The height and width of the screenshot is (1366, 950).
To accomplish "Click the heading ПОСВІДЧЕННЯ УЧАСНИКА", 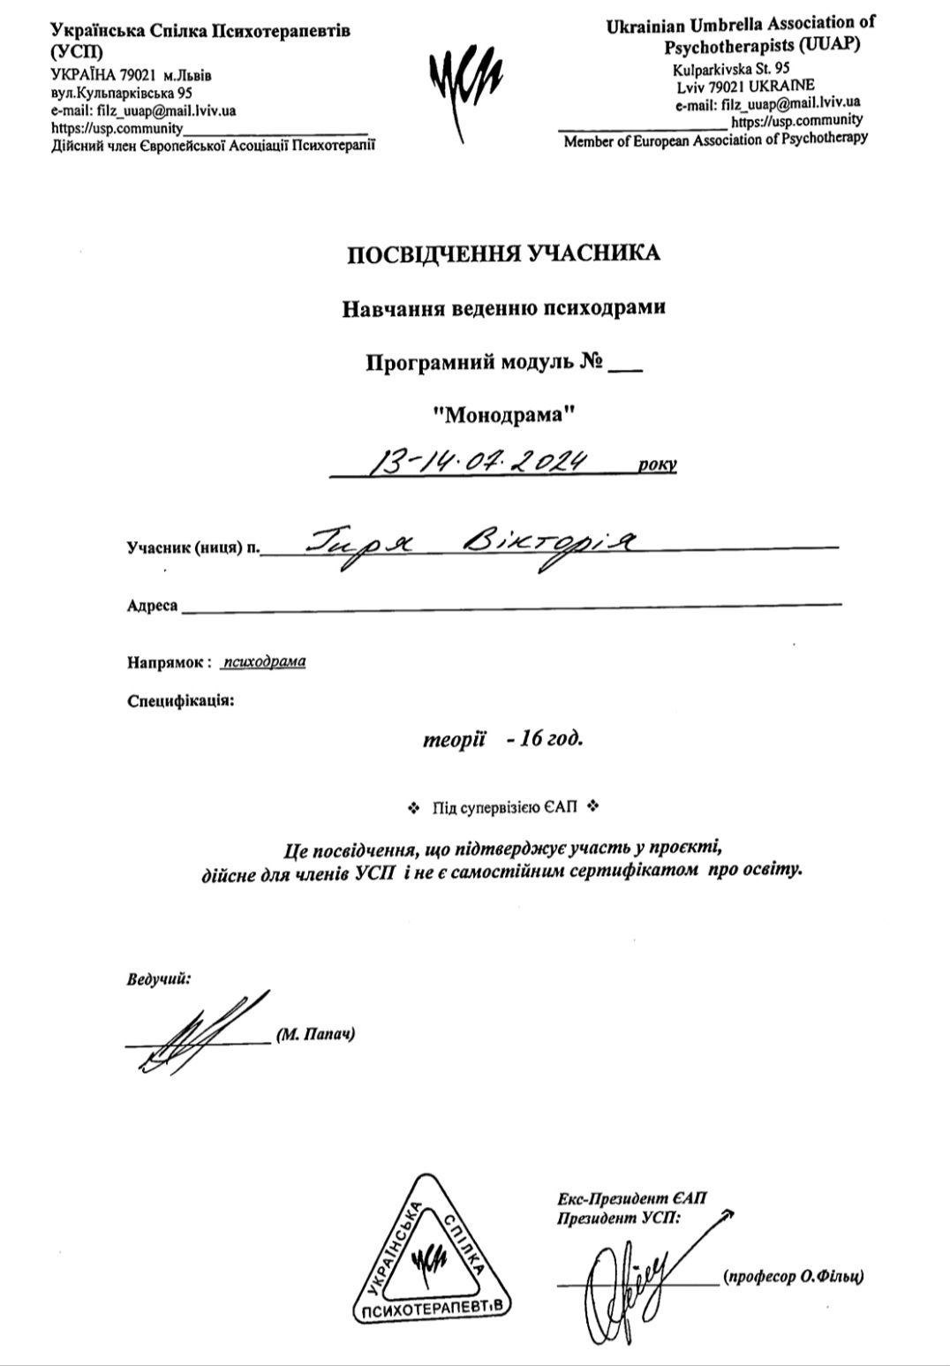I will click(503, 254).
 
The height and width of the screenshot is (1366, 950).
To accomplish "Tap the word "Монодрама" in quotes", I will click(504, 411).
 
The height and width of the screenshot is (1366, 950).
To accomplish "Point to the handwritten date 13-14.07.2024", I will click(478, 460).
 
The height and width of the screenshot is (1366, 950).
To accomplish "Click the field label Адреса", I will click(152, 607).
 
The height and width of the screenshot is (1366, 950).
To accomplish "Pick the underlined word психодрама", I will click(265, 661).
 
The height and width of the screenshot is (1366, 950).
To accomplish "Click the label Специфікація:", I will click(181, 702).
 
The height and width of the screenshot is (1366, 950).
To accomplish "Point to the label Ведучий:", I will click(159, 979).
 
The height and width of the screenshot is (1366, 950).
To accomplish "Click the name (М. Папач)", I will click(316, 1034).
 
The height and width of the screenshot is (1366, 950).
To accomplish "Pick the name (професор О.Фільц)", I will click(792, 1277).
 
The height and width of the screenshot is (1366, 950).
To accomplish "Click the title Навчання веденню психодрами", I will click(503, 308).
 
